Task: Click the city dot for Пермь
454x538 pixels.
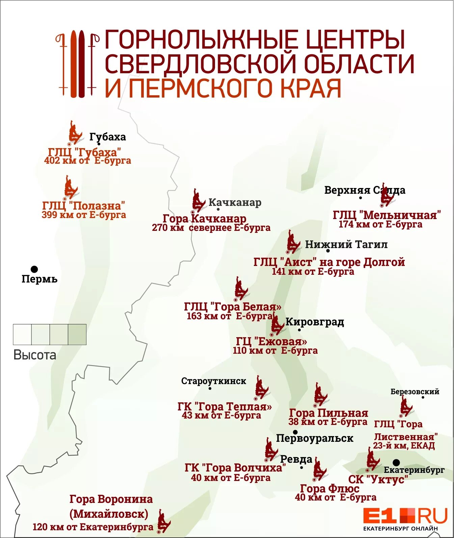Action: click(34, 269)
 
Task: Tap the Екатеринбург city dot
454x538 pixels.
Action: click(396, 462)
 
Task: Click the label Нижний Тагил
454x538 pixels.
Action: click(346, 244)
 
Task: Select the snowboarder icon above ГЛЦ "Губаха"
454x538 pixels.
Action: click(74, 133)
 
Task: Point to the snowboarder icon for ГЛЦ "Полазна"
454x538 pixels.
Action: click(70, 187)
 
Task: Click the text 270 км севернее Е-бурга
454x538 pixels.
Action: click(211, 228)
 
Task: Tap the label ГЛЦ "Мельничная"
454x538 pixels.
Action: click(387, 215)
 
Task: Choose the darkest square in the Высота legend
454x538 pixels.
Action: click(77, 334)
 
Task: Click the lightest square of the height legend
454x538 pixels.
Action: click(22, 334)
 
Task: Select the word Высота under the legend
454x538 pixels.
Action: click(35, 355)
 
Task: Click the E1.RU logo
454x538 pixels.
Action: click(405, 518)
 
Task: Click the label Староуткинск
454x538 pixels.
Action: click(214, 381)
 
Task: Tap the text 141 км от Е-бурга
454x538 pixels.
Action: click(313, 271)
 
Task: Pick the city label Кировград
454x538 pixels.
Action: click(315, 322)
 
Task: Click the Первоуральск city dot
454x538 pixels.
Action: click(295, 432)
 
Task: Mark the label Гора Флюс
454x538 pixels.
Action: click(329, 488)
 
